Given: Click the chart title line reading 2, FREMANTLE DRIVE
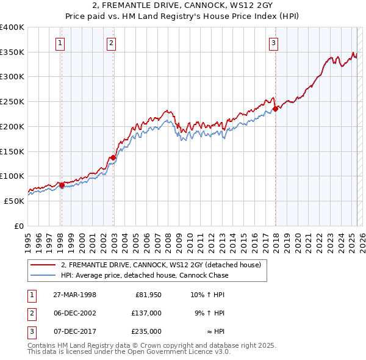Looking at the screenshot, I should coord(182,7).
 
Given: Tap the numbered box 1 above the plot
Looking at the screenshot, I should coord(61,43).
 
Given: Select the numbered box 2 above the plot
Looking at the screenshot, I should coord(112,43).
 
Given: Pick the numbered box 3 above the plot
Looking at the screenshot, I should coord(274,43).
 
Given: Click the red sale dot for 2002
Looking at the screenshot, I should coord(113,157).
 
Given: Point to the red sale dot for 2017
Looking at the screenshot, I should coord(275,109).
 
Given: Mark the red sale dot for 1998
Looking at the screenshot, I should coord(62,185).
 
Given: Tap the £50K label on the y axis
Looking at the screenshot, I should coord(15,201).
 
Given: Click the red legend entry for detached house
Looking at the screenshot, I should coord(161,265).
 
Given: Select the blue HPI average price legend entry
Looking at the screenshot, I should coord(145,275).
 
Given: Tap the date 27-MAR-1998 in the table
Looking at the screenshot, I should coord(74,295).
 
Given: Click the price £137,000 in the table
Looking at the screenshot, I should coord(146,313).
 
